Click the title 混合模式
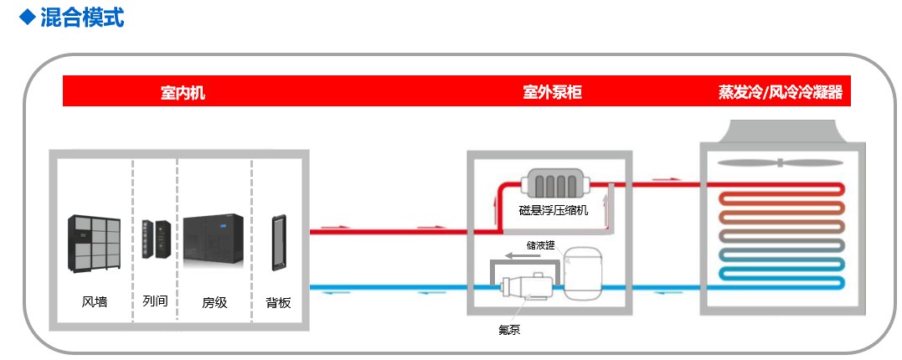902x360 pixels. pyautogui.click(x=82, y=17)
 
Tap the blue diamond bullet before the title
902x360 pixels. pyautogui.click(x=28, y=16)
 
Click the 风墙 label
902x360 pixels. pyautogui.click(x=95, y=301)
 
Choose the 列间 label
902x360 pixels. pyautogui.click(x=155, y=300)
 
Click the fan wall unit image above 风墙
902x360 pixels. pyautogui.click(x=94, y=243)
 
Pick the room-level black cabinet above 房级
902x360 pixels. pyautogui.click(x=214, y=243)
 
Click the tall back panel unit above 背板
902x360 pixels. pyautogui.click(x=277, y=243)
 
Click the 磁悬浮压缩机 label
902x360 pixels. pyautogui.click(x=554, y=210)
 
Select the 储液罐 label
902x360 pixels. pyautogui.click(x=540, y=246)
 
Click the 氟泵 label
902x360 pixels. pyautogui.click(x=509, y=329)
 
